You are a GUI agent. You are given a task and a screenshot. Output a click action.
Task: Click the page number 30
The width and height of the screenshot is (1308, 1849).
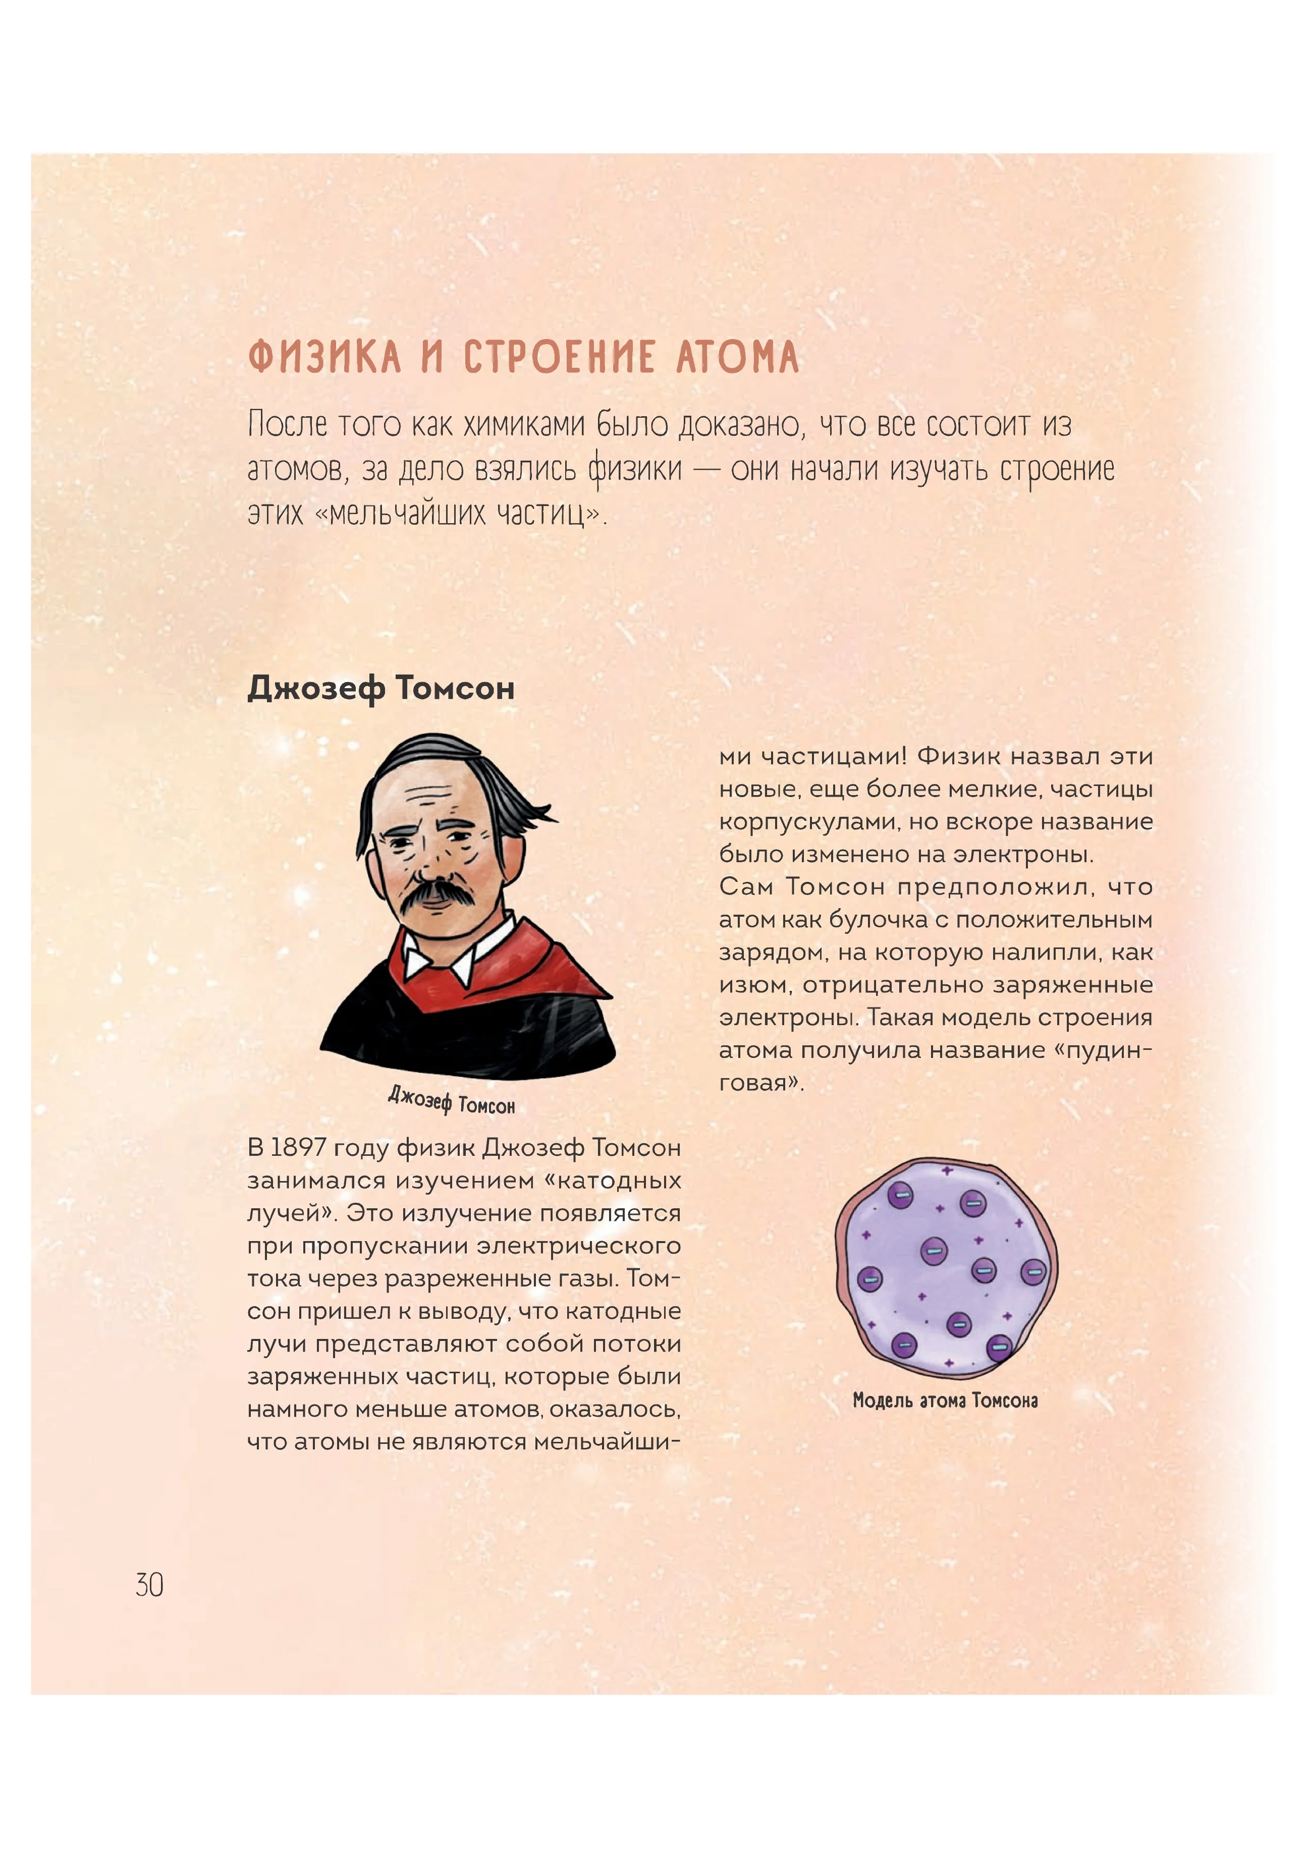[x=150, y=1585]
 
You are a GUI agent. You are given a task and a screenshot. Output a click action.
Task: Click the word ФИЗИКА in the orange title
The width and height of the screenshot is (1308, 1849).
[x=324, y=358]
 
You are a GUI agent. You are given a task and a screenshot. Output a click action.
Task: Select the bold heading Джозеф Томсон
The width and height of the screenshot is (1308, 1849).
[x=381, y=689]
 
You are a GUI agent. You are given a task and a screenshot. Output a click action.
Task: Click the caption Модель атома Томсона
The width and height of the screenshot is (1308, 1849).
[x=945, y=1400]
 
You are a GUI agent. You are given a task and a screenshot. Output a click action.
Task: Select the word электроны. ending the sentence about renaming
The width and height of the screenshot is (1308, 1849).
[x=1024, y=855]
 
